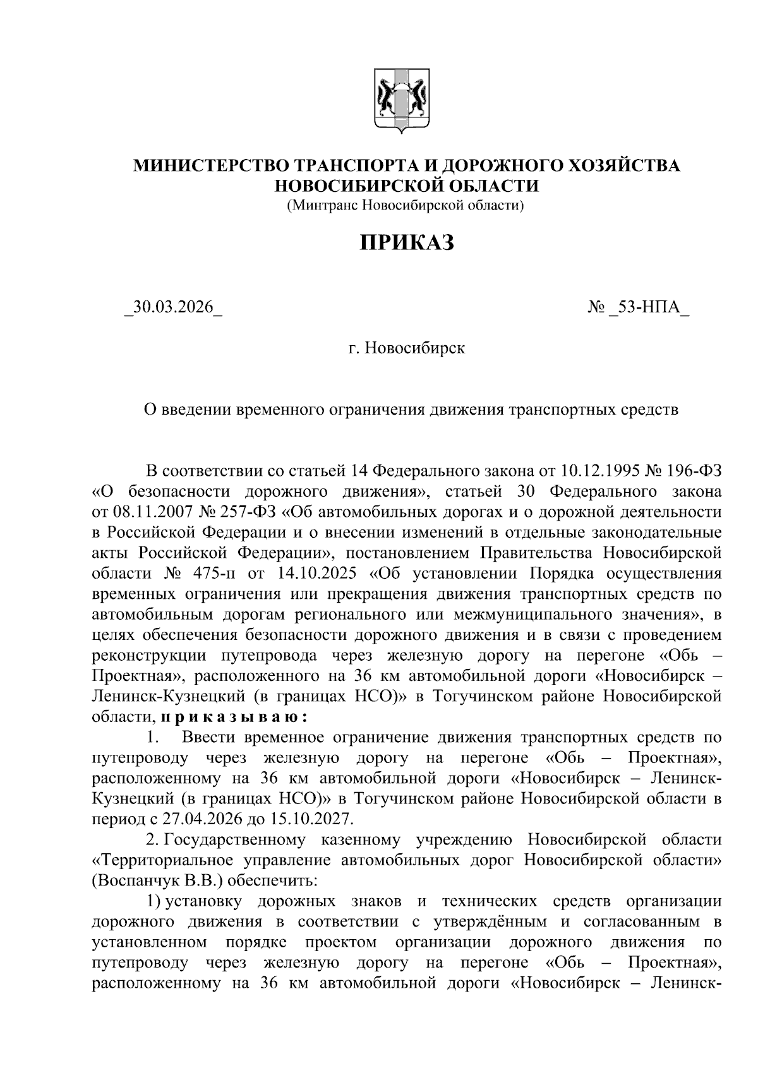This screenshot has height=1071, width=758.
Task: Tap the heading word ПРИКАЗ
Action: (x=407, y=242)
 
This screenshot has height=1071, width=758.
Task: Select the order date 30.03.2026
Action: (x=174, y=309)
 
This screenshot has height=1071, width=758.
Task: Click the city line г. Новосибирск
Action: (x=407, y=348)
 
